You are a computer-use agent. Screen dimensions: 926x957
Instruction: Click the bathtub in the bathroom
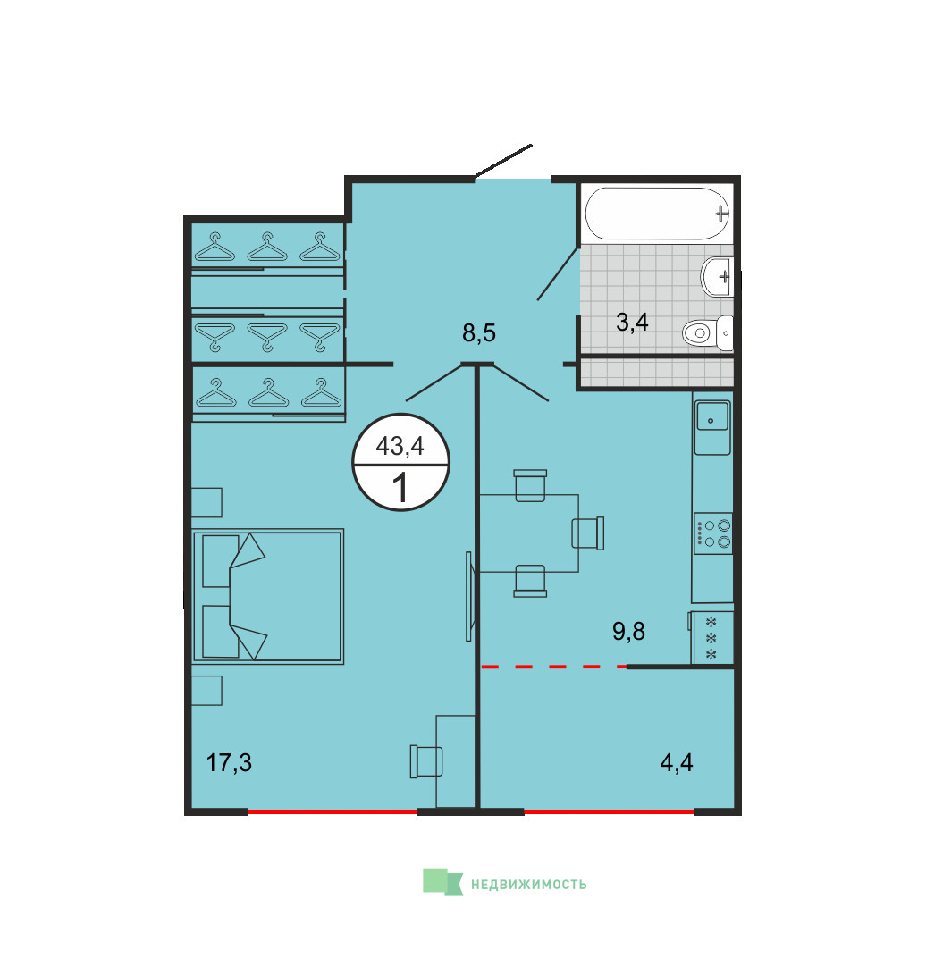point(657,213)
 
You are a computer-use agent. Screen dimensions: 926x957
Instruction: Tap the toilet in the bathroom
point(708,333)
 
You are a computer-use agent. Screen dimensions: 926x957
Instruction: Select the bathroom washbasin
point(717,276)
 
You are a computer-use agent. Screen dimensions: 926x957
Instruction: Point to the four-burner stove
point(713,533)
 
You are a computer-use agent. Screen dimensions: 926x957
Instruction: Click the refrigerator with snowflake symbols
point(711,638)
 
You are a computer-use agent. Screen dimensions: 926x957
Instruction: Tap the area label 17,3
point(229,763)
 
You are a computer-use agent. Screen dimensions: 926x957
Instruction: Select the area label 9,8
point(628,632)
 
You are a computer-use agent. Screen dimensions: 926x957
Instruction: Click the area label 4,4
point(677,763)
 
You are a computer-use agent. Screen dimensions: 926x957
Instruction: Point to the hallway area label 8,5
point(479,333)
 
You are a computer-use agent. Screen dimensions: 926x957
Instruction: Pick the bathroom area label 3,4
point(633,322)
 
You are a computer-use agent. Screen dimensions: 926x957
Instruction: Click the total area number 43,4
point(400,446)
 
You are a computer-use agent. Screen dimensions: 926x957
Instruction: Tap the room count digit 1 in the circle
point(400,488)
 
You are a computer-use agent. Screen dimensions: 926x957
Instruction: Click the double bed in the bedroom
point(268,596)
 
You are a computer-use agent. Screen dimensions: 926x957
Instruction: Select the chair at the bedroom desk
point(426,761)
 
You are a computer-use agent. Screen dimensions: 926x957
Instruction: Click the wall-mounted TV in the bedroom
point(469,596)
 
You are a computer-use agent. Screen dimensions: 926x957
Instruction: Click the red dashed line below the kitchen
point(553,667)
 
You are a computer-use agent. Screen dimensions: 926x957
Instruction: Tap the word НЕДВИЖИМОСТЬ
point(528,885)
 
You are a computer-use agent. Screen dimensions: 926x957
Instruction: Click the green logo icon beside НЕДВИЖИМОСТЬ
point(442,882)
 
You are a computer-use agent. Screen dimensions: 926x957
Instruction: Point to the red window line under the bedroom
point(333,811)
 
